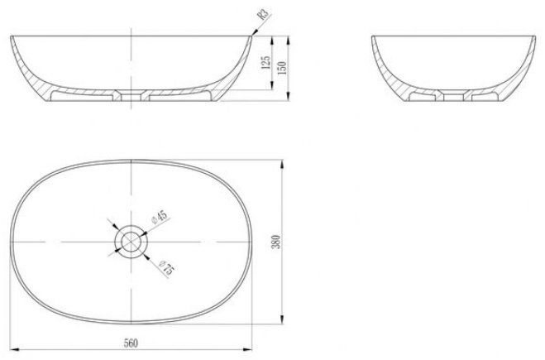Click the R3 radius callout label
pyautogui.click(x=263, y=14)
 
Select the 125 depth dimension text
pyautogui.click(x=265, y=63)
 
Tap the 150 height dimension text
pyautogui.click(x=282, y=68)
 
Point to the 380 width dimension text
pyautogui.click(x=275, y=242)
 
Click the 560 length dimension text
pyautogui.click(x=131, y=343)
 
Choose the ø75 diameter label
pyautogui.click(x=167, y=268)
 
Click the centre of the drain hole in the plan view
pyautogui.click(x=131, y=242)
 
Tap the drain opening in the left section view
pyautogui.click(x=131, y=95)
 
